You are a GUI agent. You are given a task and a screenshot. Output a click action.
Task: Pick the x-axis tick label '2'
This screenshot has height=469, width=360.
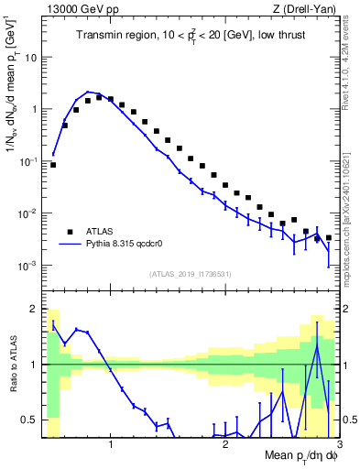(x=225, y=446)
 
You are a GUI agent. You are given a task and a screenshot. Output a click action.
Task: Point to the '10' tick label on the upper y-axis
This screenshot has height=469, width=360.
(x=30, y=56)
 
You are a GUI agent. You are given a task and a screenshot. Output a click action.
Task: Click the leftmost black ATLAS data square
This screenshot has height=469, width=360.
(x=53, y=165)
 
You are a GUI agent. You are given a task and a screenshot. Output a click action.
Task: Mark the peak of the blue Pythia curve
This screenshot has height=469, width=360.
(x=87, y=92)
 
